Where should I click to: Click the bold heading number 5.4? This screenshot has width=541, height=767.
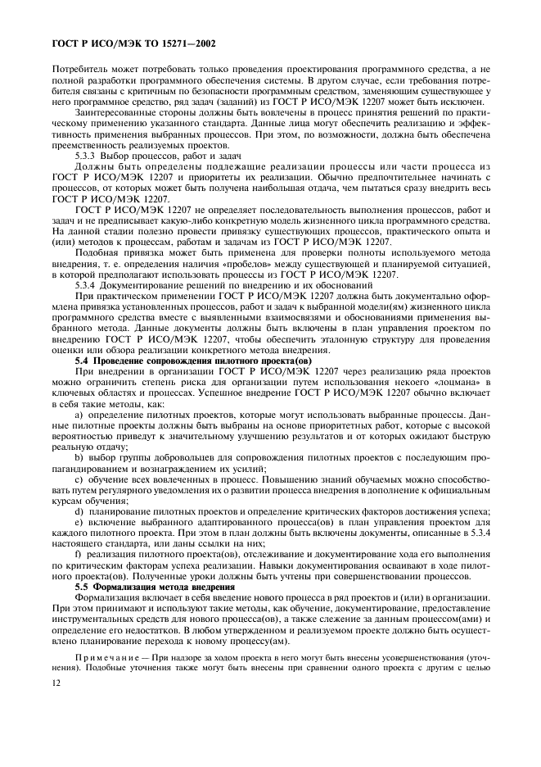[83, 361]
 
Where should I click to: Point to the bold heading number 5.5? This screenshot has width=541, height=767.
[83, 588]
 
